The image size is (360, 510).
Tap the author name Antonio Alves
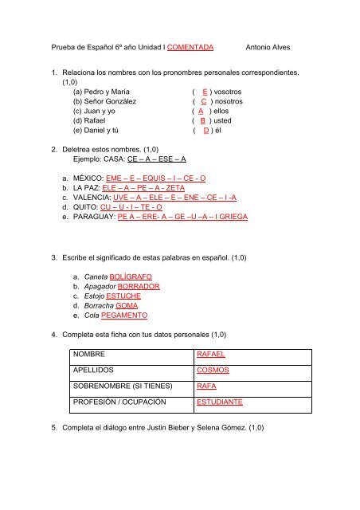272,47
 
